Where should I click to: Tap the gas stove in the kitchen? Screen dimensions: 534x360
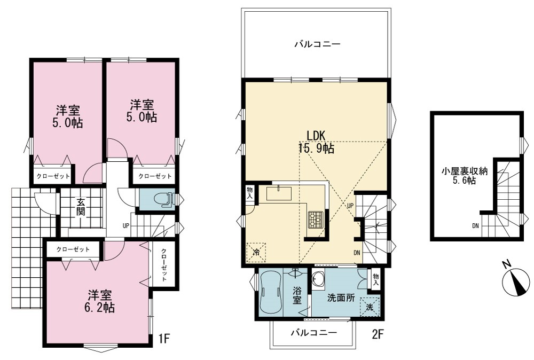(x=316, y=220)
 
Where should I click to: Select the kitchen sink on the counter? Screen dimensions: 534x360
(x=279, y=193)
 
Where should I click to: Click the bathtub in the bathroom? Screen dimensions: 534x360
(x=271, y=294)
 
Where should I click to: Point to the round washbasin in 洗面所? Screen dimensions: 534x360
(x=318, y=280)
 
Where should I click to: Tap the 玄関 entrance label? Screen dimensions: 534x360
(x=81, y=206)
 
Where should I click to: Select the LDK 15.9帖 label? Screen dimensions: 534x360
(x=316, y=142)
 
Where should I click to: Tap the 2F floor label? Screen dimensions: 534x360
(x=378, y=335)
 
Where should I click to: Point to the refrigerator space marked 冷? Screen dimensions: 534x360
(x=256, y=253)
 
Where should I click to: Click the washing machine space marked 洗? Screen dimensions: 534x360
(x=370, y=307)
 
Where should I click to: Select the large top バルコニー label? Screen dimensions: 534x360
(x=317, y=44)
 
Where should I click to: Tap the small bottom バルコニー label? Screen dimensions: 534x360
(x=313, y=332)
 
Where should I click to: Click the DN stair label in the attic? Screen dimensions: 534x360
(x=475, y=225)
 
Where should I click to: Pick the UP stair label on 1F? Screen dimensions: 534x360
(x=126, y=225)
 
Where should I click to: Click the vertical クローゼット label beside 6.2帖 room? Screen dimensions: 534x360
(x=164, y=265)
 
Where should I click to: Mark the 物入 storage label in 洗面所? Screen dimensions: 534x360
(x=375, y=280)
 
